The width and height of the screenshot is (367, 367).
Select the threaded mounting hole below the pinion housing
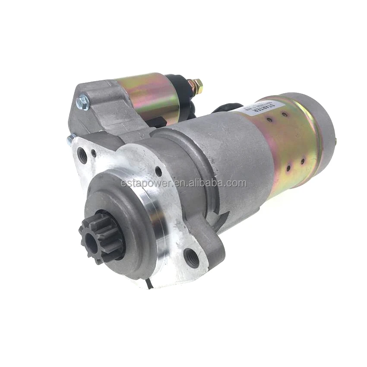[x=192, y=257]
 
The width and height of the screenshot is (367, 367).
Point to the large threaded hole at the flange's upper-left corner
[x=82, y=155]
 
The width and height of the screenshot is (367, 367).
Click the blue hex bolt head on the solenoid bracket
[x=82, y=102]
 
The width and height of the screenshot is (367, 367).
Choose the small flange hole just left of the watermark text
[x=158, y=171]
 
